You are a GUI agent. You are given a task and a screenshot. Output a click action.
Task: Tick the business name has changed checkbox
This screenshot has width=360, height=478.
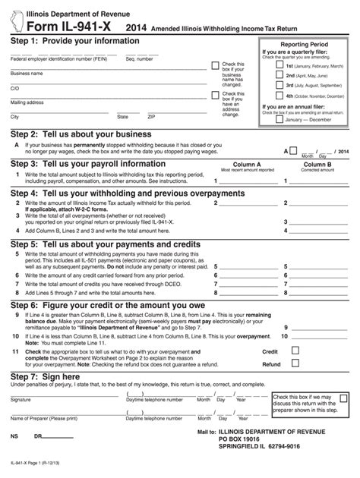pos(216,66)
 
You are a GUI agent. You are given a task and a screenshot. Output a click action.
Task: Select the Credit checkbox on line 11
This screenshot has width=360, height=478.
pos(292,352)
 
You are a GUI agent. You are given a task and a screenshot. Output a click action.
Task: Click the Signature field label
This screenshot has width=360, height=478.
pos(21,399)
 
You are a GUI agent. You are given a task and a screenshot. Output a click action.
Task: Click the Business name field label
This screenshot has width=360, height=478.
pos(27,74)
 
